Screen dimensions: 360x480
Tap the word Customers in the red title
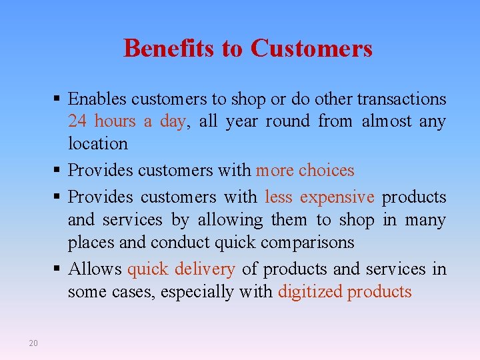[x=311, y=48]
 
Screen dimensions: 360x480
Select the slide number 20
[x=33, y=343]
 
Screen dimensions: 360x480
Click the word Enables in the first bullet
[x=98, y=99]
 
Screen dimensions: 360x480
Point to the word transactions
[x=401, y=99]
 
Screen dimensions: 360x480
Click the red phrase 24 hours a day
[x=126, y=121]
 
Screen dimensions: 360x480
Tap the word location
[x=97, y=143]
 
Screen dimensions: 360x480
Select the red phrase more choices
[x=305, y=171]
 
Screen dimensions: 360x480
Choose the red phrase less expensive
[x=319, y=198]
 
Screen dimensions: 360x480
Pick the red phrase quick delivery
[x=181, y=269]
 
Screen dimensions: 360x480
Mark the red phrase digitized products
[x=345, y=292]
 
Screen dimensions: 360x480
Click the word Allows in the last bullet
[x=95, y=269]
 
